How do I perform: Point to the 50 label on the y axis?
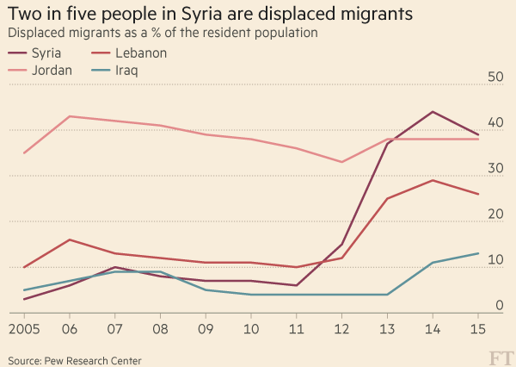coord(494,77)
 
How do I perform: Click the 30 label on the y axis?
coord(494,168)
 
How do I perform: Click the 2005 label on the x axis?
coord(23,330)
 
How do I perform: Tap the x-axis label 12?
coord(341,330)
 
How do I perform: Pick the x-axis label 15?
coord(478,330)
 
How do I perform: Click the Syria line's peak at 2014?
coord(433,112)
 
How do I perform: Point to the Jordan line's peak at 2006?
coord(69,116)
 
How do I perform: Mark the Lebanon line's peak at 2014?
coord(433,180)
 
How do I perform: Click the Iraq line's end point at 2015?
coord(478,253)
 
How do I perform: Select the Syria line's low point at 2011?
coord(296,285)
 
